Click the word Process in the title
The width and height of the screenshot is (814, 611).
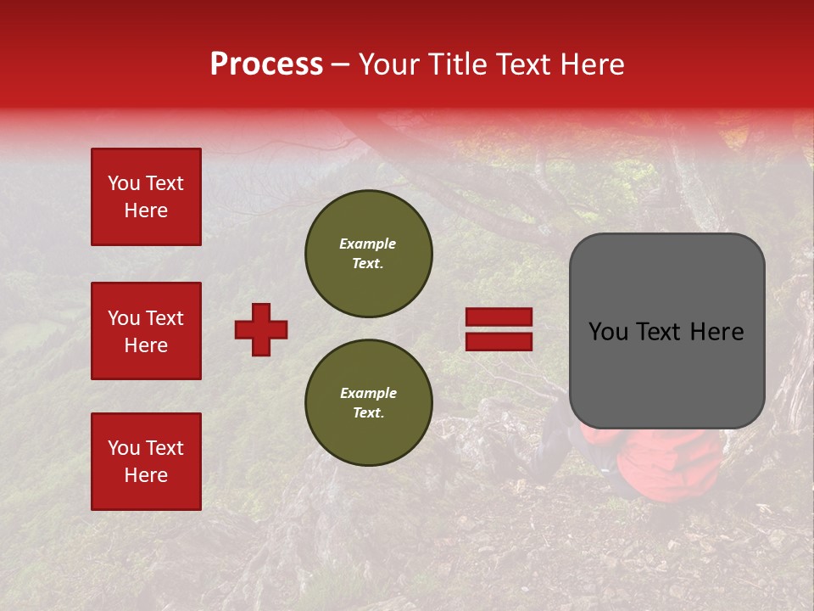[x=266, y=64]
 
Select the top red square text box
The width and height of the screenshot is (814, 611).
[x=146, y=197]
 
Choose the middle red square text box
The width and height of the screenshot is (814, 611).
[x=146, y=331]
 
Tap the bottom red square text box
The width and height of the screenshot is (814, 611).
[x=146, y=461]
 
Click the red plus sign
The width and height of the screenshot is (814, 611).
[x=261, y=329]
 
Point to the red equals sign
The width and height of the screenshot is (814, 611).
[x=499, y=329]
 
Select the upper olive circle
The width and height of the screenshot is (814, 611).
[x=369, y=254]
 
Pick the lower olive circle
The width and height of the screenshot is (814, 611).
[x=369, y=403]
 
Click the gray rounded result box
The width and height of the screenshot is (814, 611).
[x=666, y=331]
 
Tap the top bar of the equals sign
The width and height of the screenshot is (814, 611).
[x=499, y=317]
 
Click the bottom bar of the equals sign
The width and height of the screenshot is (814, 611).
[x=499, y=341]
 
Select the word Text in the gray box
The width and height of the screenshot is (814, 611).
[x=666, y=332]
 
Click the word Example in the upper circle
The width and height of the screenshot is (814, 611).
[x=367, y=244]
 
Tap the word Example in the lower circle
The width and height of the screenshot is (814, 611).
[x=368, y=394]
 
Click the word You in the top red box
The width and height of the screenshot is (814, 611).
[x=123, y=183]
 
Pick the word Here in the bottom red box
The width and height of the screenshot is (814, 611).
[x=146, y=475]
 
